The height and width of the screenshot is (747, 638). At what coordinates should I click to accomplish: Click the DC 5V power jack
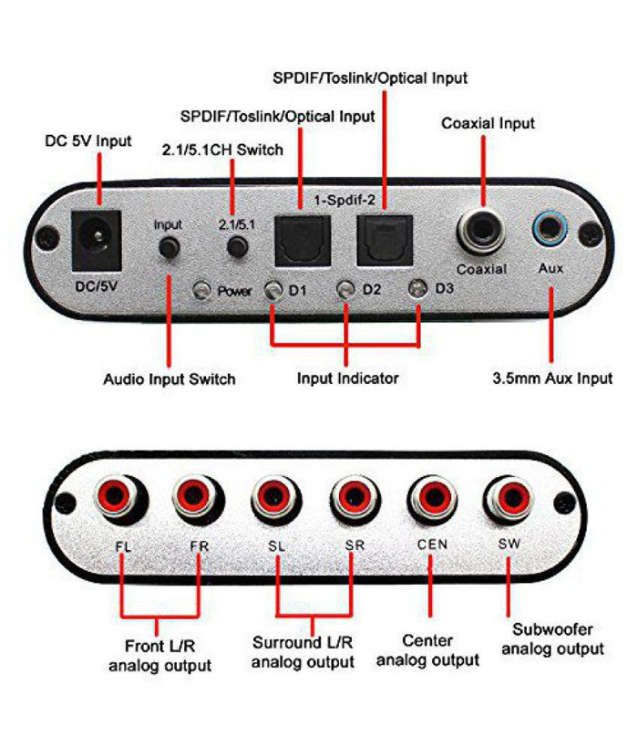tap(96, 240)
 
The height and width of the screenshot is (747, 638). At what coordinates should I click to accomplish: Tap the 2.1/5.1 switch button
tap(239, 246)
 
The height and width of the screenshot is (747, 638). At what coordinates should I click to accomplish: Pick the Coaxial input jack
tap(480, 233)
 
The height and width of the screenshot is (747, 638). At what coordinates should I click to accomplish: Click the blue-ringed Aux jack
tap(551, 226)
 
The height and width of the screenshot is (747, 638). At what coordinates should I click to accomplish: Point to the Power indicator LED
tap(202, 292)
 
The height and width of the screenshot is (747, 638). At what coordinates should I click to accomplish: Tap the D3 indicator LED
tap(417, 291)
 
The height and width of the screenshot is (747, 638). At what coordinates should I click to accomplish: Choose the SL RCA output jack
tap(273, 499)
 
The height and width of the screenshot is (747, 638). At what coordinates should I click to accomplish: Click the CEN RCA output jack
tap(428, 499)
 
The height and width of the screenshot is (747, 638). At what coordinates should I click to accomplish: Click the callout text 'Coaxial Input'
tap(488, 123)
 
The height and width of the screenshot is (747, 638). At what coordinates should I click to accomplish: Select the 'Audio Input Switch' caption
tap(169, 379)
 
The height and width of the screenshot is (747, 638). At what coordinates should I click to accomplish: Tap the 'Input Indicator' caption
tap(347, 378)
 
